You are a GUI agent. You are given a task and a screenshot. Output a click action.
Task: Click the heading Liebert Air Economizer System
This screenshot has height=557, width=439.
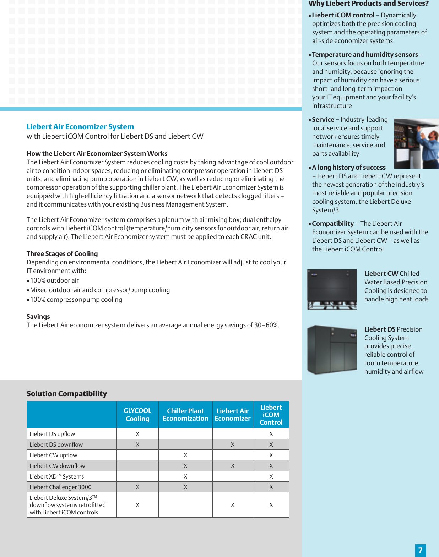[x=80, y=127]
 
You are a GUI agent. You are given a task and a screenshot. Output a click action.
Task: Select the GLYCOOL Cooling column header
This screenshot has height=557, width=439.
[x=137, y=415]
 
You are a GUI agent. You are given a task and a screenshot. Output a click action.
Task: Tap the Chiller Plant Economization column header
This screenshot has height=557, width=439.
[x=185, y=415]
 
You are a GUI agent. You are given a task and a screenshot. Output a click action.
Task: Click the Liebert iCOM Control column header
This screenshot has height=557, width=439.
[x=271, y=415]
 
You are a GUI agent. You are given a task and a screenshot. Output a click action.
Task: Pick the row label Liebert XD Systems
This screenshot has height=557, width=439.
[x=57, y=476]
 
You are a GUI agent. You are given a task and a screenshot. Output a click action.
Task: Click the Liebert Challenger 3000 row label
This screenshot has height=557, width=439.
[x=60, y=487]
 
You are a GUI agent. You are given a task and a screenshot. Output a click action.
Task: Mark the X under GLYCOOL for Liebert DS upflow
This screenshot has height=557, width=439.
[x=137, y=434]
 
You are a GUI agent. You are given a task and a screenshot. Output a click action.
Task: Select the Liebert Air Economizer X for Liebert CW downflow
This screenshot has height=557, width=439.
[x=233, y=466]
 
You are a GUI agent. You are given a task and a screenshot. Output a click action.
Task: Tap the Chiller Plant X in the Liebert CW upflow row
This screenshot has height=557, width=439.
[x=185, y=455]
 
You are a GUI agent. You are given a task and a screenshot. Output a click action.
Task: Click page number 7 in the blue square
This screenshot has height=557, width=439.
[x=421, y=550]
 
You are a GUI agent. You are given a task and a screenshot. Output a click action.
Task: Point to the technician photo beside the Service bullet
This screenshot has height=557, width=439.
[x=416, y=143]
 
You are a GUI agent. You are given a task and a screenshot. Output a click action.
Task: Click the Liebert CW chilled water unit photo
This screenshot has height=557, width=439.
[x=332, y=289]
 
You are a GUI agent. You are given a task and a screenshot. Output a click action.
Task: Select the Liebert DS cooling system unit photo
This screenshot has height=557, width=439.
[x=332, y=350]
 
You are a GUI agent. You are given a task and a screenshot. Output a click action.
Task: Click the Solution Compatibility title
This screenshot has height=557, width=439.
[x=67, y=394]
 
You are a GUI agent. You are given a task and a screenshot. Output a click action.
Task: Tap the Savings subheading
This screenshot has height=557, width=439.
[x=38, y=317]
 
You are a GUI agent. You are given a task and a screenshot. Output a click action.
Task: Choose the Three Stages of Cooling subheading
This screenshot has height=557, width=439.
[x=62, y=254]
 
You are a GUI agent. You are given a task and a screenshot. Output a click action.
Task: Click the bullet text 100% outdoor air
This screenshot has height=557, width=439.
[x=54, y=280]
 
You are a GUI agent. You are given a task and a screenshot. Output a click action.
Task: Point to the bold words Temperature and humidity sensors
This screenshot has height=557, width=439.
[x=365, y=55]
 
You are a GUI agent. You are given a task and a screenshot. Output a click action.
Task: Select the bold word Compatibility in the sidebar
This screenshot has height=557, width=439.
[x=333, y=224]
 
